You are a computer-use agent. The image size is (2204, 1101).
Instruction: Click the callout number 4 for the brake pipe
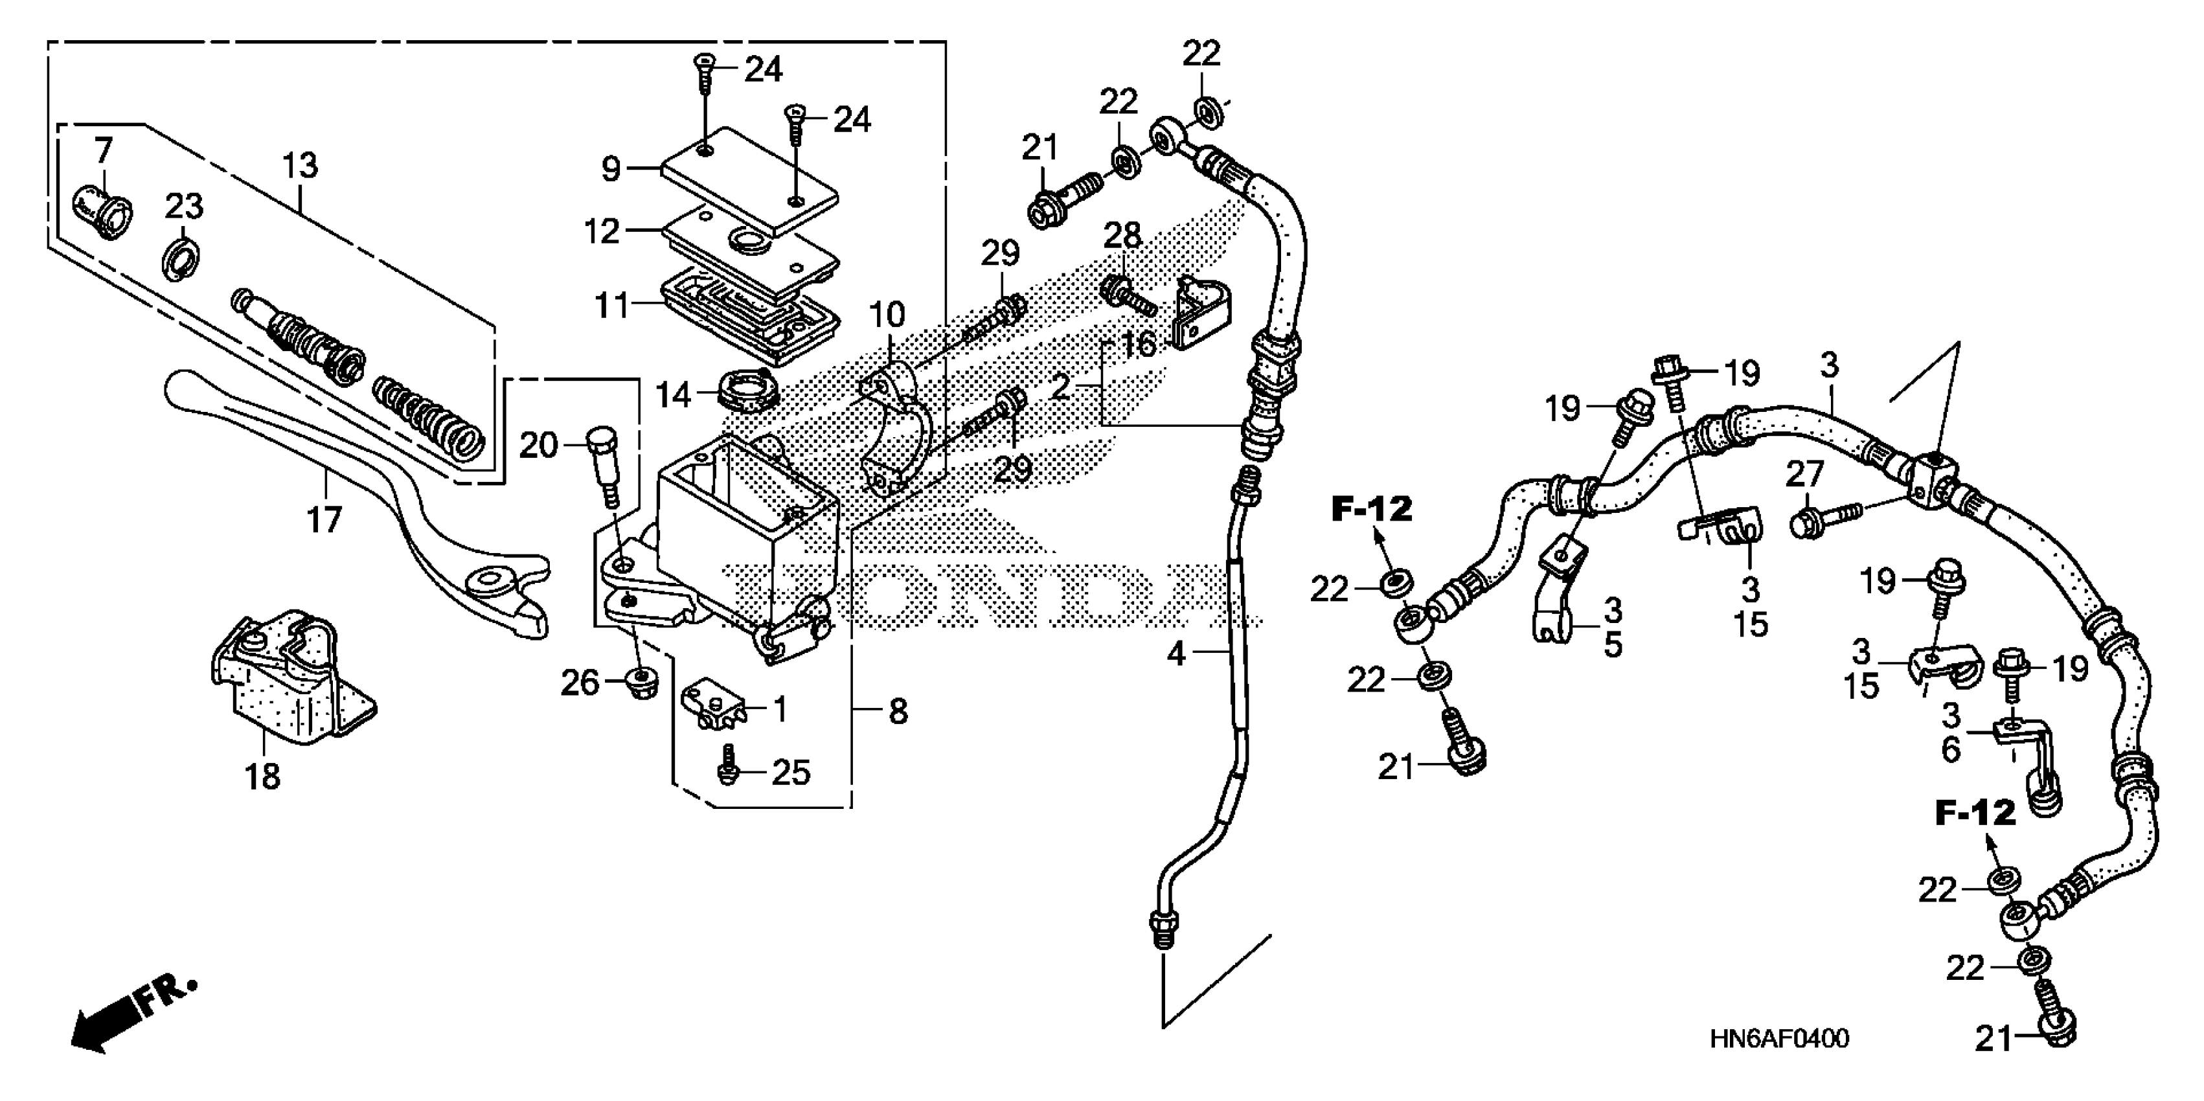[1176, 654]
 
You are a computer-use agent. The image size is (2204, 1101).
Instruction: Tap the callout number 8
[898, 712]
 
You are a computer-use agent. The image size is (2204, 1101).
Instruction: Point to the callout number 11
[613, 306]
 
